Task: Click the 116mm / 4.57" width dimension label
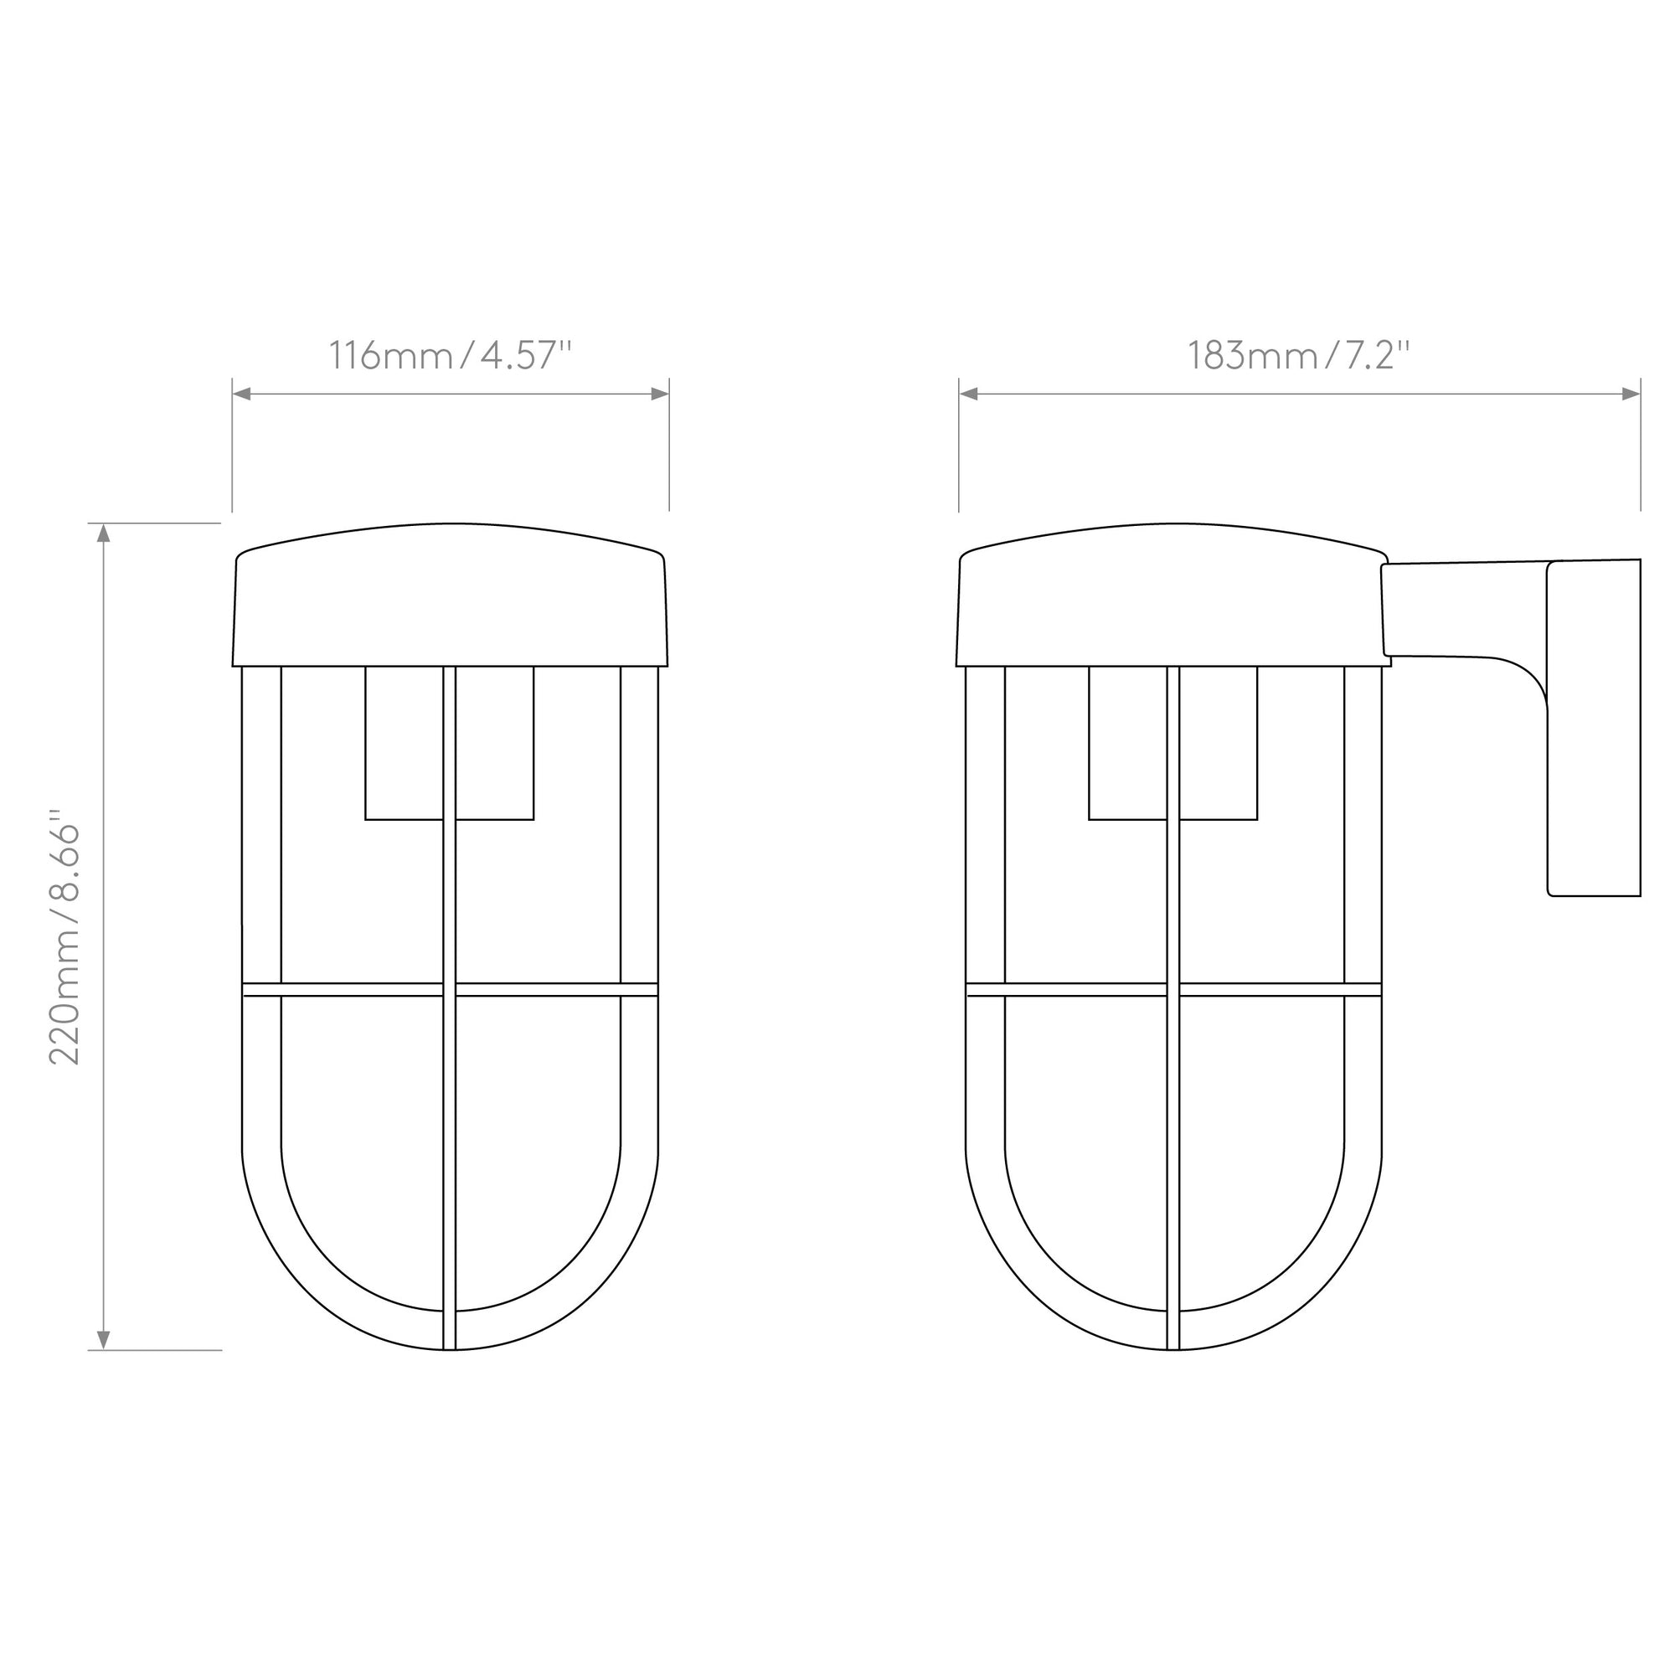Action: pos(450,355)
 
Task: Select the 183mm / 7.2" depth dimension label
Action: pos(1298,355)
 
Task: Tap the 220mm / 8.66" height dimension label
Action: pos(65,943)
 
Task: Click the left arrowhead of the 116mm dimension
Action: pos(242,394)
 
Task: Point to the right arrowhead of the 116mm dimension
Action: pos(660,394)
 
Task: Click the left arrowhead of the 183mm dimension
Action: pos(968,394)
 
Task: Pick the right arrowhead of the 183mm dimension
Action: pos(1631,394)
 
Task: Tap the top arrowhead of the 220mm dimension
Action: pos(104,533)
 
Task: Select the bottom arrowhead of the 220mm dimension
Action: pos(104,1340)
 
